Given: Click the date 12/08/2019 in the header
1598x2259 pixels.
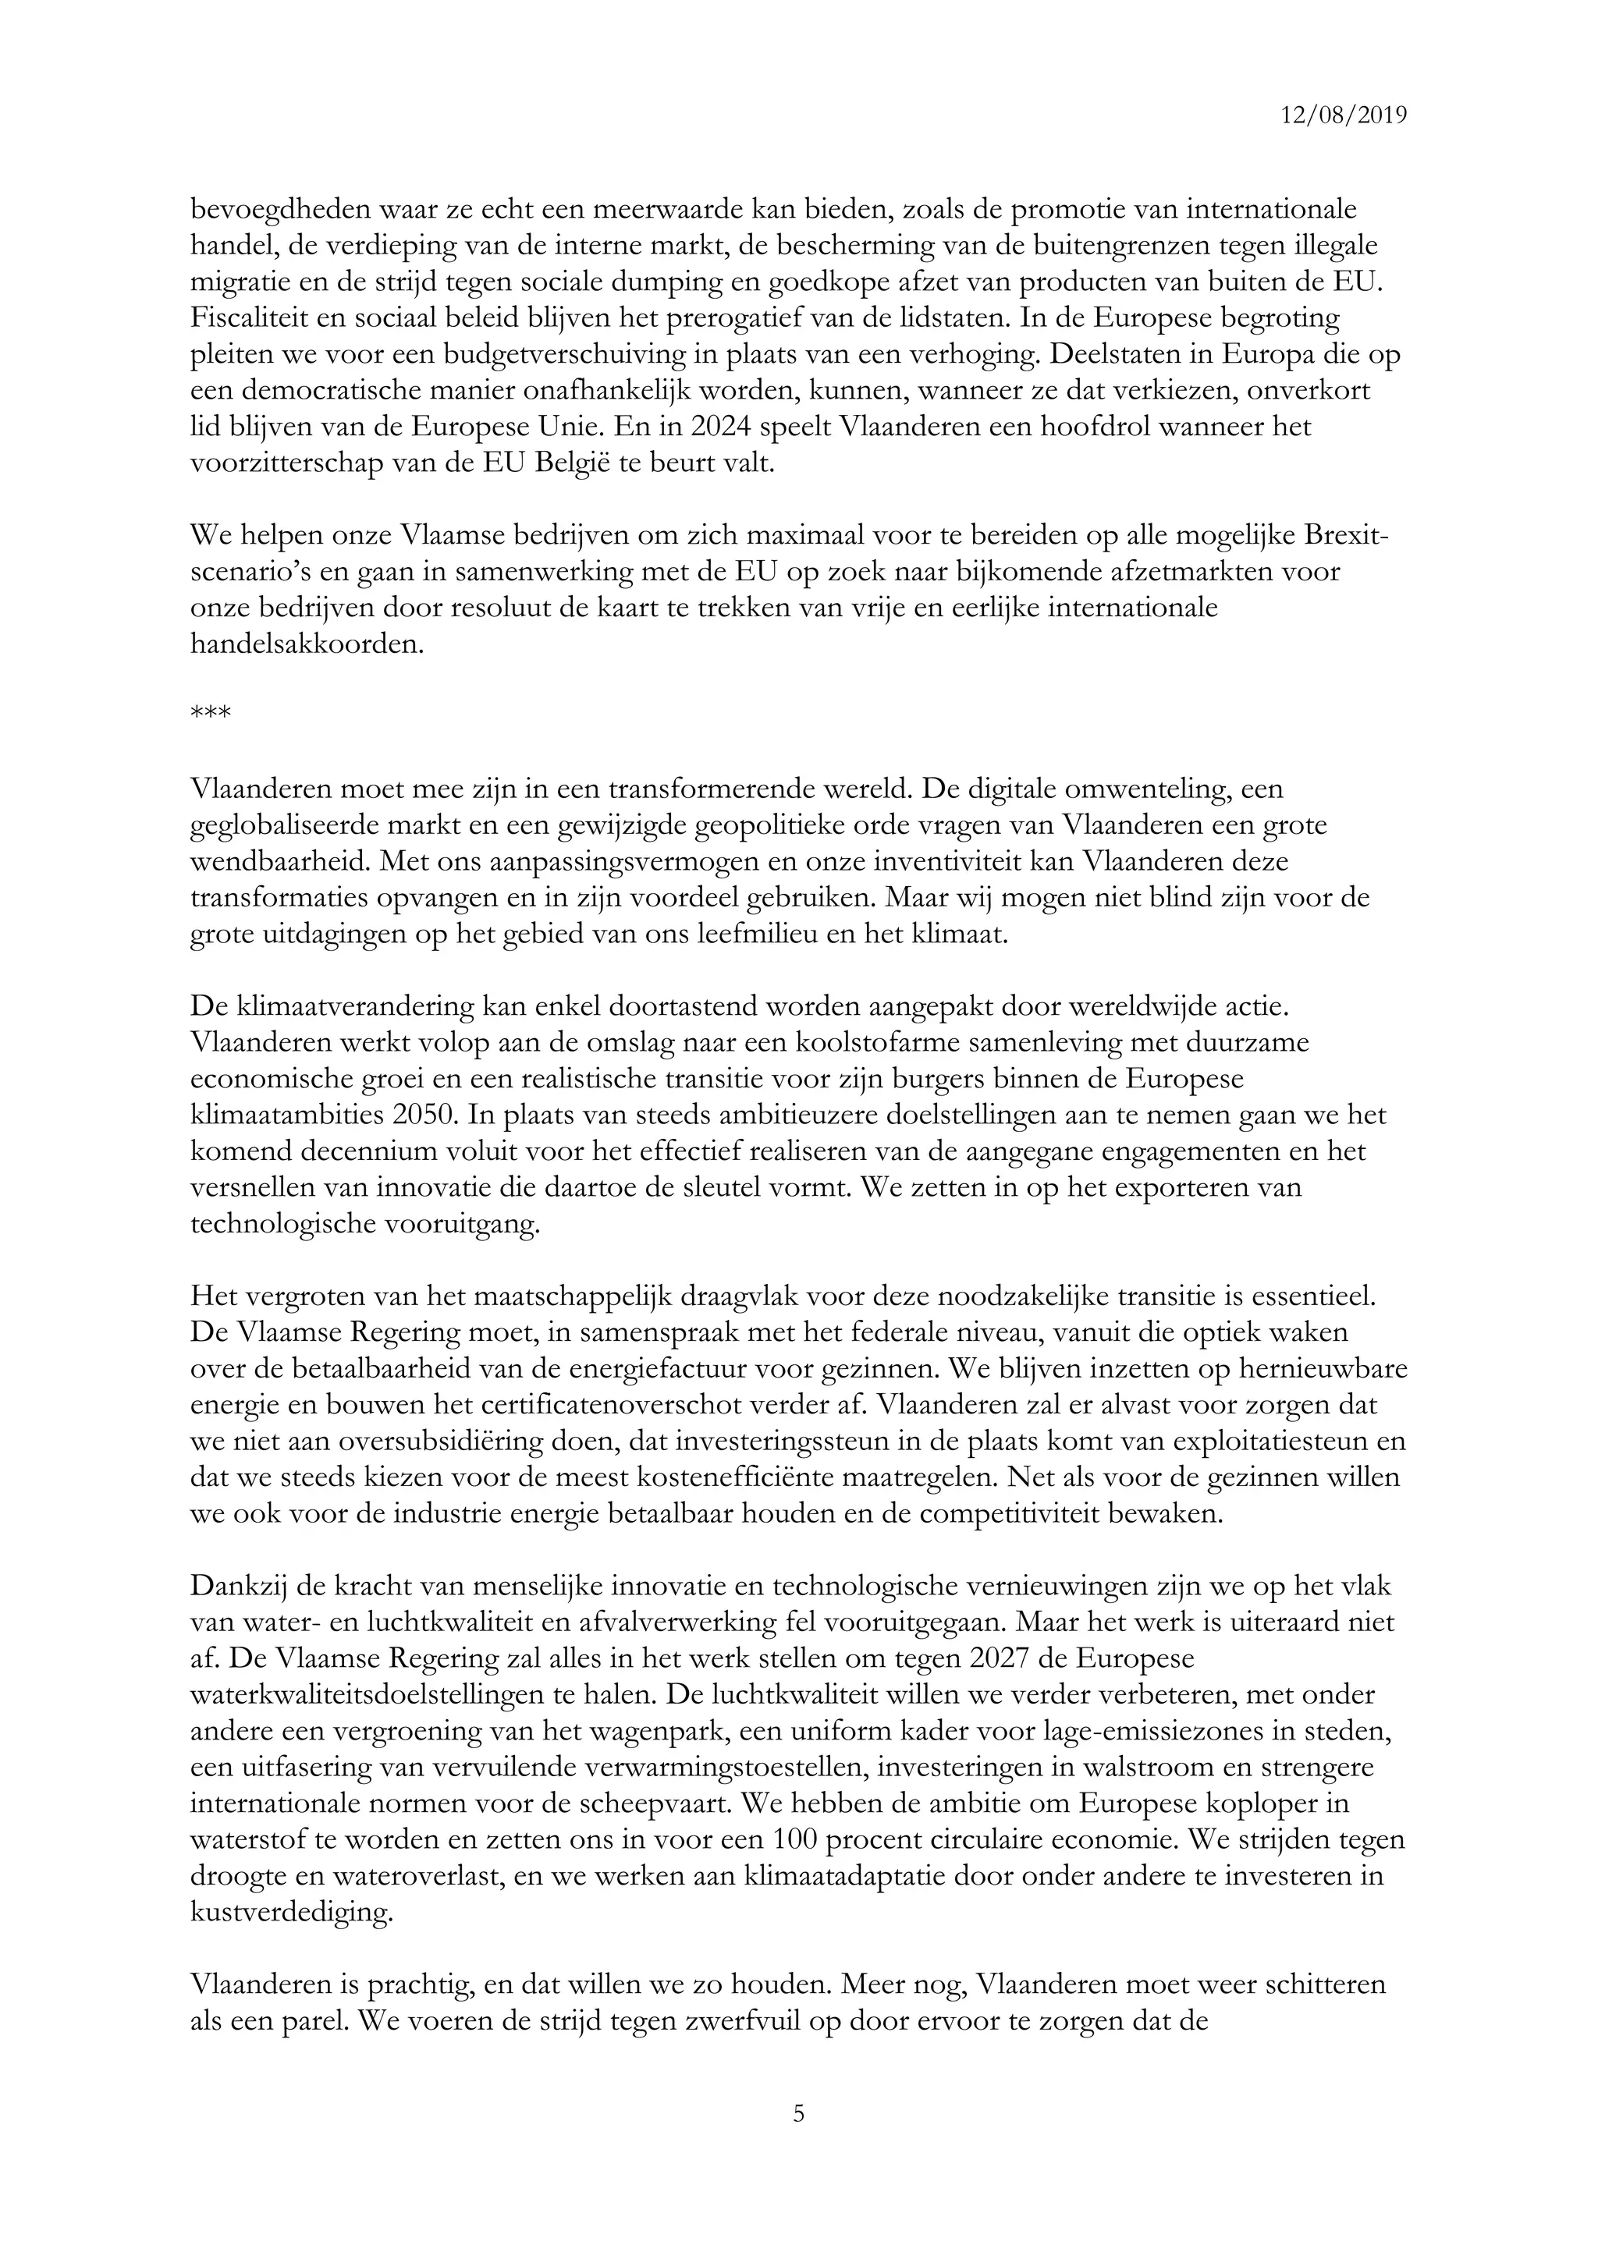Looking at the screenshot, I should click(1343, 115).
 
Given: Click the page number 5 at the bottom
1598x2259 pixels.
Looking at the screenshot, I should click(798, 2112).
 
